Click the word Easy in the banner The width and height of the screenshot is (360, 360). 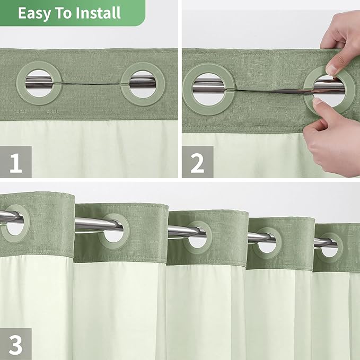coord(33,13)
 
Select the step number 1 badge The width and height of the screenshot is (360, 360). coord(16,162)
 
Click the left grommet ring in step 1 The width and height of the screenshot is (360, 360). coord(39,83)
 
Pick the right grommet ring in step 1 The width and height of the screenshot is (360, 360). coord(143,84)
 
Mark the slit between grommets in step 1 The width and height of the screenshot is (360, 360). coord(91,85)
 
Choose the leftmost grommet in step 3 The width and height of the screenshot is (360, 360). coord(13,223)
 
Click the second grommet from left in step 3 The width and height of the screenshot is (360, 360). coord(113,231)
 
